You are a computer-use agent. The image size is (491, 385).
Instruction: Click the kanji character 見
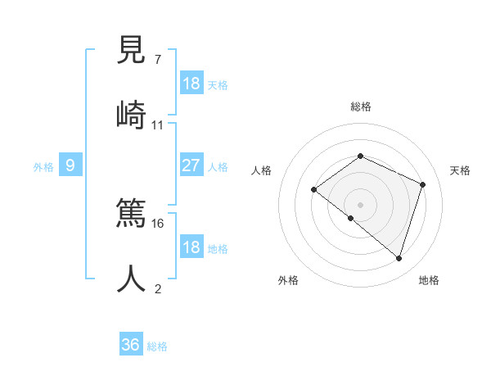coord(132,51)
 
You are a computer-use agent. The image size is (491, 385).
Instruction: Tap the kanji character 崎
coord(132,114)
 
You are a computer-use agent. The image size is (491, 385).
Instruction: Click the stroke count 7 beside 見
coord(158,59)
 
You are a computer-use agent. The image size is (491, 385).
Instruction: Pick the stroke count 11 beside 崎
coord(158,125)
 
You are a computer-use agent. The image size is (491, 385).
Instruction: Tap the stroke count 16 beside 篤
coord(158,223)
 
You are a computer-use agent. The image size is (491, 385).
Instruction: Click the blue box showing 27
coord(191,165)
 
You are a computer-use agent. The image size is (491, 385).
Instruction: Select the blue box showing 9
coord(71,165)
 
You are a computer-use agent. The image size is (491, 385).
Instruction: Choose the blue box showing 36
coord(131,345)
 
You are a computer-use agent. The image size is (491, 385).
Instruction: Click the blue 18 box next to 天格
coord(191,84)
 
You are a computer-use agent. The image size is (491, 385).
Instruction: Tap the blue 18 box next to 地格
coord(191,247)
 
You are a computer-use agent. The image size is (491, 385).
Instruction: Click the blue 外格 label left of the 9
coord(43,166)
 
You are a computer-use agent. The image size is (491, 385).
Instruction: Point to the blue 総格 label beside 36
coord(157,346)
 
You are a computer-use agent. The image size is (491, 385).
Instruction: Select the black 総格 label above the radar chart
coord(361,106)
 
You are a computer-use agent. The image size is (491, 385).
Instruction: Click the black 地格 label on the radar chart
coord(429,280)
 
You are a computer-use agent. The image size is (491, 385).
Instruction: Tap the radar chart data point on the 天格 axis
coord(423,184)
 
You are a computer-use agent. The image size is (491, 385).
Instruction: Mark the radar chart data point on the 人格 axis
coord(314,190)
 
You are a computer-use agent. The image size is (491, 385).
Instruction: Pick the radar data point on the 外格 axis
coord(351,219)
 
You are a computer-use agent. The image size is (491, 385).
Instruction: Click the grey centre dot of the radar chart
coord(361,204)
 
